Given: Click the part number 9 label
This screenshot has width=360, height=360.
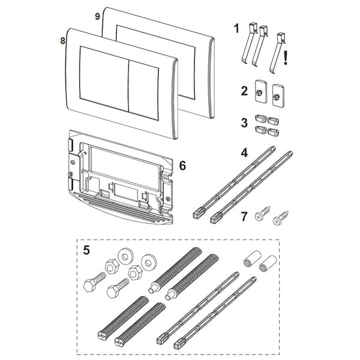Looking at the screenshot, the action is pos(98,17).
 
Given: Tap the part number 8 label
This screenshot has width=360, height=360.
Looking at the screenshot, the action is pos(63,41).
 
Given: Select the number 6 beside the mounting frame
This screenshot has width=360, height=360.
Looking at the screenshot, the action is pos(182,166).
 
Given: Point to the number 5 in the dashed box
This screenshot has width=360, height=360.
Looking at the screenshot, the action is pos(86,250).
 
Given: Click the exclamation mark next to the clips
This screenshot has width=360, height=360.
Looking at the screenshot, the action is pos(286,58).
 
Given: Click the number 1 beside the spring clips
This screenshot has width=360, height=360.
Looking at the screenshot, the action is pos(236,29).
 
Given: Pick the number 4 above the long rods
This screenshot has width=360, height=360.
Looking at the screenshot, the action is pos(244,152).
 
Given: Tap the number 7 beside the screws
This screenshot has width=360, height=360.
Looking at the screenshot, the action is pos(244,217).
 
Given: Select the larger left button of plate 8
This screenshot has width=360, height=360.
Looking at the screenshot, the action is pos(104,79).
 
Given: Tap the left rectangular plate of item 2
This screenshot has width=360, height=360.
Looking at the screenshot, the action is pos(260,91).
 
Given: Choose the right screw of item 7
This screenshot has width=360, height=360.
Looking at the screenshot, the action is pos(281,218).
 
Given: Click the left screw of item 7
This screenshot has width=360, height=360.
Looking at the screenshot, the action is pos(262,214).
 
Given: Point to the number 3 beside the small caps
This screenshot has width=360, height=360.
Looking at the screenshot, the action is pos(244,123).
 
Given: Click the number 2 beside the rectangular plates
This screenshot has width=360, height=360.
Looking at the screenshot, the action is pos(244,91).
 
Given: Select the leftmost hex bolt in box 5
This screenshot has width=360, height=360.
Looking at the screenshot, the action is pos(94,282).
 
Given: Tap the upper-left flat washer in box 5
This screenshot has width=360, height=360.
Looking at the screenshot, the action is pos(125,257).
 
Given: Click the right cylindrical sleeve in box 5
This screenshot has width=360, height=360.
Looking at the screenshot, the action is pos(268,263).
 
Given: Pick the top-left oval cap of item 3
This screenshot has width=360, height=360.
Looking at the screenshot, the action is pos(260,119).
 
